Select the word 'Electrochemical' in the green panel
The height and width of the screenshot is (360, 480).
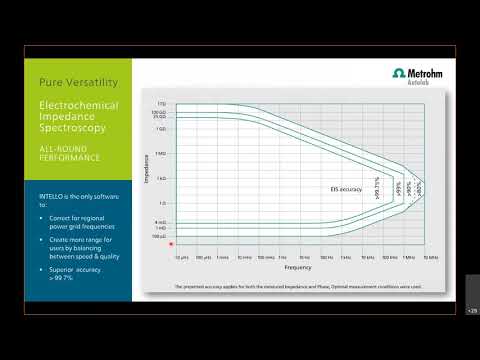coord(74,104)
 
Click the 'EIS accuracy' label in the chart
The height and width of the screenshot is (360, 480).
coord(344,187)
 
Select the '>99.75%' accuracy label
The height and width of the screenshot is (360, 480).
coord(375,185)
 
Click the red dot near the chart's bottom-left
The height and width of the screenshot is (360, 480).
coord(172,243)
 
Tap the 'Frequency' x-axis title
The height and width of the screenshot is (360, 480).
coord(298,268)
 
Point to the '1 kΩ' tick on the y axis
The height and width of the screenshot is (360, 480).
coord(160,177)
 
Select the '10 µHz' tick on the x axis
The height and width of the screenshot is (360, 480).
coord(180,257)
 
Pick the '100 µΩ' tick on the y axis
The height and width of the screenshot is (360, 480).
coord(159,236)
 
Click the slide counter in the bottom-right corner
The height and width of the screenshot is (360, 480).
coord(472,311)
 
